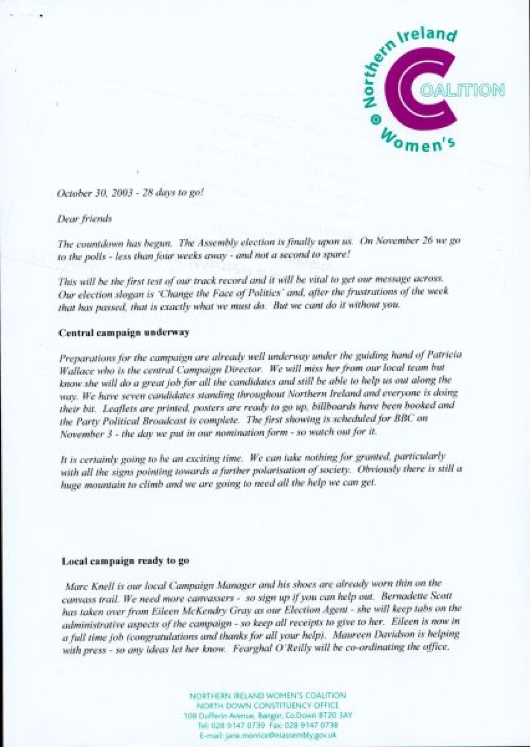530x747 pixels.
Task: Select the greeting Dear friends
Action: [85, 218]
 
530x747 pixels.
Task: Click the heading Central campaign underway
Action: [124, 332]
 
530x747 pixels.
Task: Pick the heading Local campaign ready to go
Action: [125, 561]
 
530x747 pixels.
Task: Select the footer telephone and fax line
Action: [268, 725]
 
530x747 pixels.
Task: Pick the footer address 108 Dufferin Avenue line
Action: [268, 715]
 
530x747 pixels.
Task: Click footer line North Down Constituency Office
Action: [268, 705]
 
